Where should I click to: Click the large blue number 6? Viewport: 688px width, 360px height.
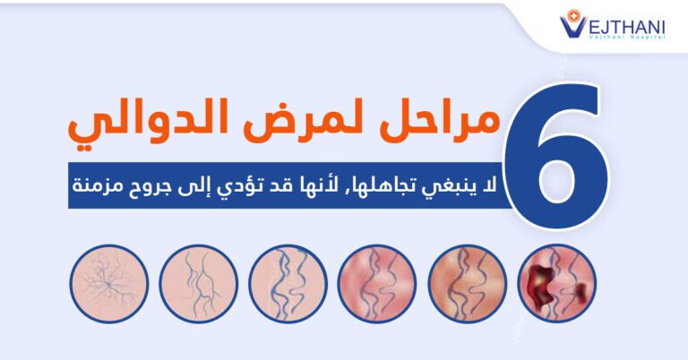coord(556,156)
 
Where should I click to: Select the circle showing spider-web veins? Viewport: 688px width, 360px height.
coord(108,283)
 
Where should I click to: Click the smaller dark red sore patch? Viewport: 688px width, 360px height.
coord(580,291)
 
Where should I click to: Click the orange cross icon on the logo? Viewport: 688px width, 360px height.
coord(572,16)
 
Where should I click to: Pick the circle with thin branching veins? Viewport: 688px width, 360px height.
coord(198,283)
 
